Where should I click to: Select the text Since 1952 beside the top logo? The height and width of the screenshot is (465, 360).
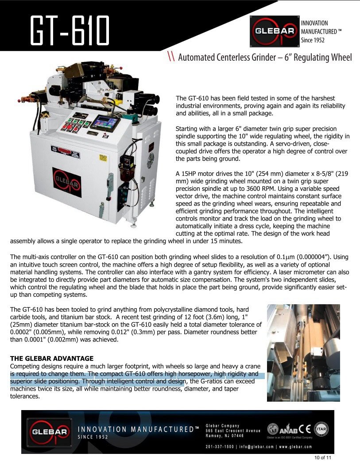click(313, 40)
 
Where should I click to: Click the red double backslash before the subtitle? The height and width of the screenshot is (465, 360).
click(171, 57)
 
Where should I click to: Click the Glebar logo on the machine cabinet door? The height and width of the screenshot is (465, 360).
click(66, 182)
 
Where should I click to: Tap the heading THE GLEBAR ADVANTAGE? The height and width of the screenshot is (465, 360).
click(52, 358)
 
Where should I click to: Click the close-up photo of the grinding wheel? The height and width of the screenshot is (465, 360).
click(303, 353)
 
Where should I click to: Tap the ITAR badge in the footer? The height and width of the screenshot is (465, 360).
click(321, 429)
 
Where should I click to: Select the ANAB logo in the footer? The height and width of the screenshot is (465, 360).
click(284, 429)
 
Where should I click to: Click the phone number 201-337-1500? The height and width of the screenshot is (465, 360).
click(220, 446)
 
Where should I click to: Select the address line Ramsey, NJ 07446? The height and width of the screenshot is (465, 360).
click(225, 436)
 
